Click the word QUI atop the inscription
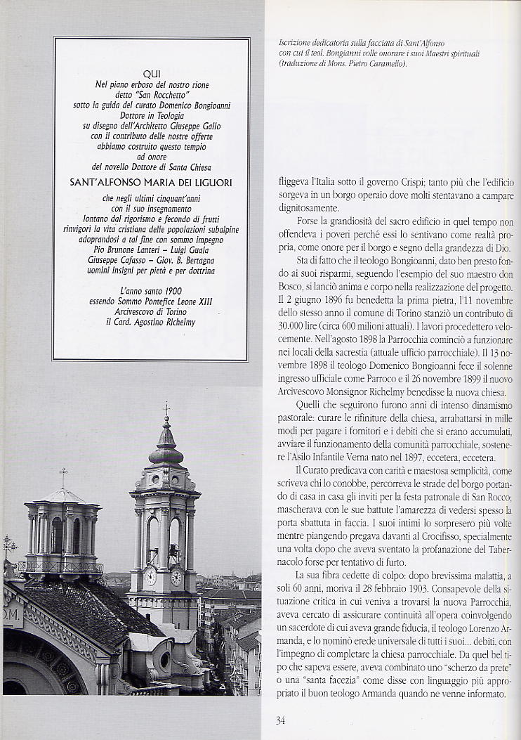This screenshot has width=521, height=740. point(152,74)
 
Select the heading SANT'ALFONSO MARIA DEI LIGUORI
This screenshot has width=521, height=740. point(152,182)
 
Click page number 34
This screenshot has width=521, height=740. point(280,719)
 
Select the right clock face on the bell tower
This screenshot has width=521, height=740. point(176,577)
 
